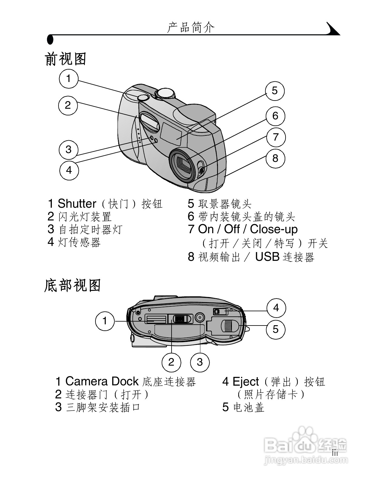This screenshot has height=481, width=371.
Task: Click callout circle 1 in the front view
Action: click(x=69, y=79)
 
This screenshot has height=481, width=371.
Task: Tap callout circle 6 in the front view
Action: click(x=275, y=116)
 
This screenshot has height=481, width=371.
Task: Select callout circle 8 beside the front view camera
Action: click(x=275, y=158)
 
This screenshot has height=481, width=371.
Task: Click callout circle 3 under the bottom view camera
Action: click(x=200, y=362)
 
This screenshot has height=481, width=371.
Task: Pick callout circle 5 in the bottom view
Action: click(x=276, y=329)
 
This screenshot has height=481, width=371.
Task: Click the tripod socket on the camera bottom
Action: click(x=199, y=318)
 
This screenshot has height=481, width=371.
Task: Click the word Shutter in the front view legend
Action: click(x=77, y=203)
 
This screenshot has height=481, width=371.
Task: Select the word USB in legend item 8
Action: click(x=267, y=257)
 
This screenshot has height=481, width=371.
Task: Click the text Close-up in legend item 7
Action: click(x=274, y=229)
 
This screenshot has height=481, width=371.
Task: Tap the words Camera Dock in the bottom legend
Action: click(x=102, y=381)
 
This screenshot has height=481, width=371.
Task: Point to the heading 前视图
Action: click(x=66, y=59)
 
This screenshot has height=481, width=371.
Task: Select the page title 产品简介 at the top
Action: click(x=191, y=27)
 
